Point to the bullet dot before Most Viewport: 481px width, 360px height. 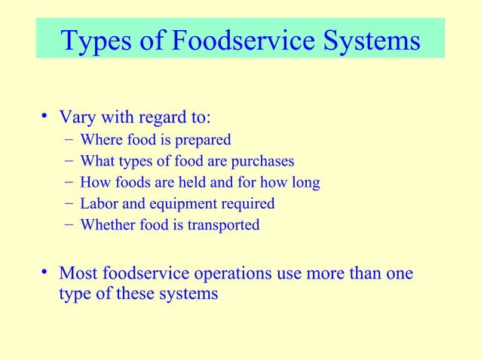46,272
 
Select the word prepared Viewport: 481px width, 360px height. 204,140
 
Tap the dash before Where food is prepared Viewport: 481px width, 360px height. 69,139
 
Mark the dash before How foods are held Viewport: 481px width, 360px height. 69,182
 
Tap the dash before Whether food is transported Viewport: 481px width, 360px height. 69,224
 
